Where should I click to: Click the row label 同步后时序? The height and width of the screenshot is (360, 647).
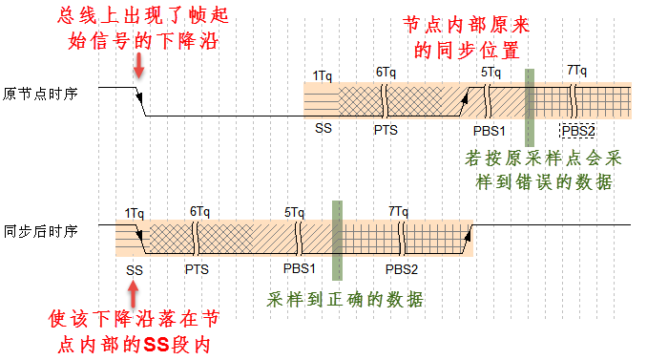tap(39, 230)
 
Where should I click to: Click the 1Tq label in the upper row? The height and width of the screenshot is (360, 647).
tap(322, 74)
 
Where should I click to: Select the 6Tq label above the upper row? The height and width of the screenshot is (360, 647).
tap(386, 72)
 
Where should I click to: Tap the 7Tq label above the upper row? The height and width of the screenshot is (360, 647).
tap(576, 71)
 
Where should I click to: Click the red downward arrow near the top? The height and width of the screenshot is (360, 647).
tap(139, 65)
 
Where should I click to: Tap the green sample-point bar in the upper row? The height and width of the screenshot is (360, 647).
tap(529, 93)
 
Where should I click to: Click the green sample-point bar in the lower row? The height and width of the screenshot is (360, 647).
tap(336, 227)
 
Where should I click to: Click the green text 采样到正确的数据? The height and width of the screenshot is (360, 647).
tap(345, 299)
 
